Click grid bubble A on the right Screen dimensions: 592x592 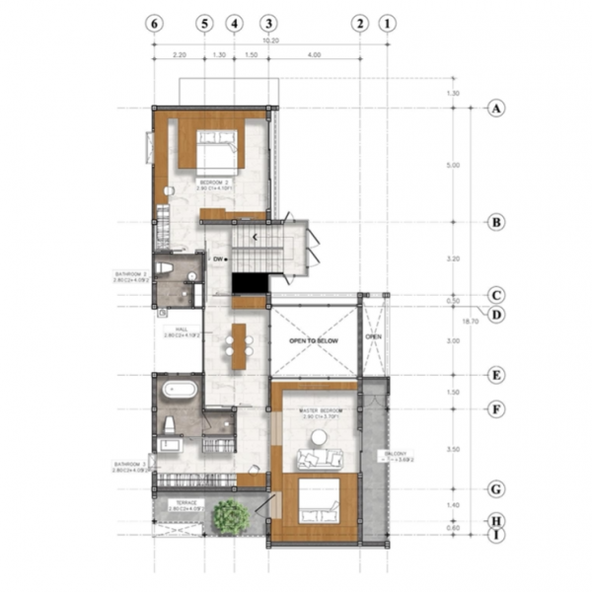496,109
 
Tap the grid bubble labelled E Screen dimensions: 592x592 496,375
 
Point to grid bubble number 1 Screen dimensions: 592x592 388,23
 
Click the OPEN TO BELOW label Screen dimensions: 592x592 313,340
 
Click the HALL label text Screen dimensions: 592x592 182,332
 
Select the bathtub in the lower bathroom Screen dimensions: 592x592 180,389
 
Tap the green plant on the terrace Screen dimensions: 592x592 231,515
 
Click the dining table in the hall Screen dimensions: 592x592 238,345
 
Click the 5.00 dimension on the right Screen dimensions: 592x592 453,165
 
